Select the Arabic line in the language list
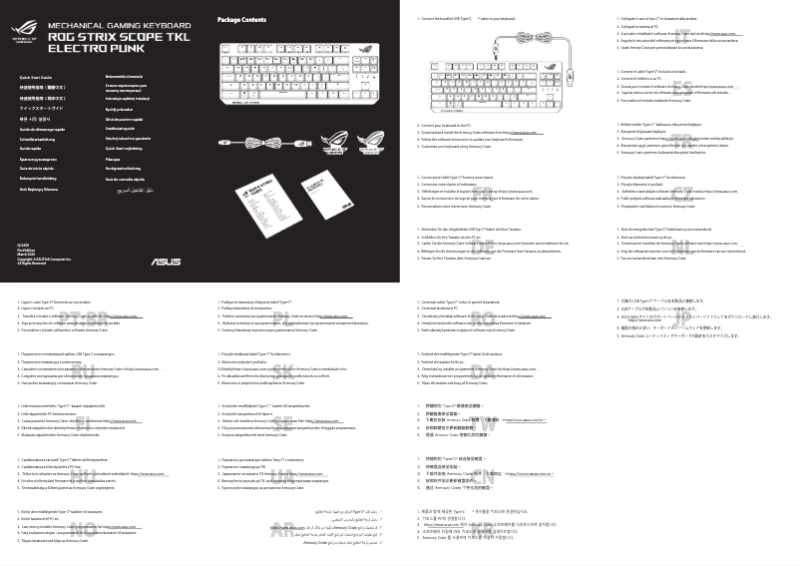click(130, 188)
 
